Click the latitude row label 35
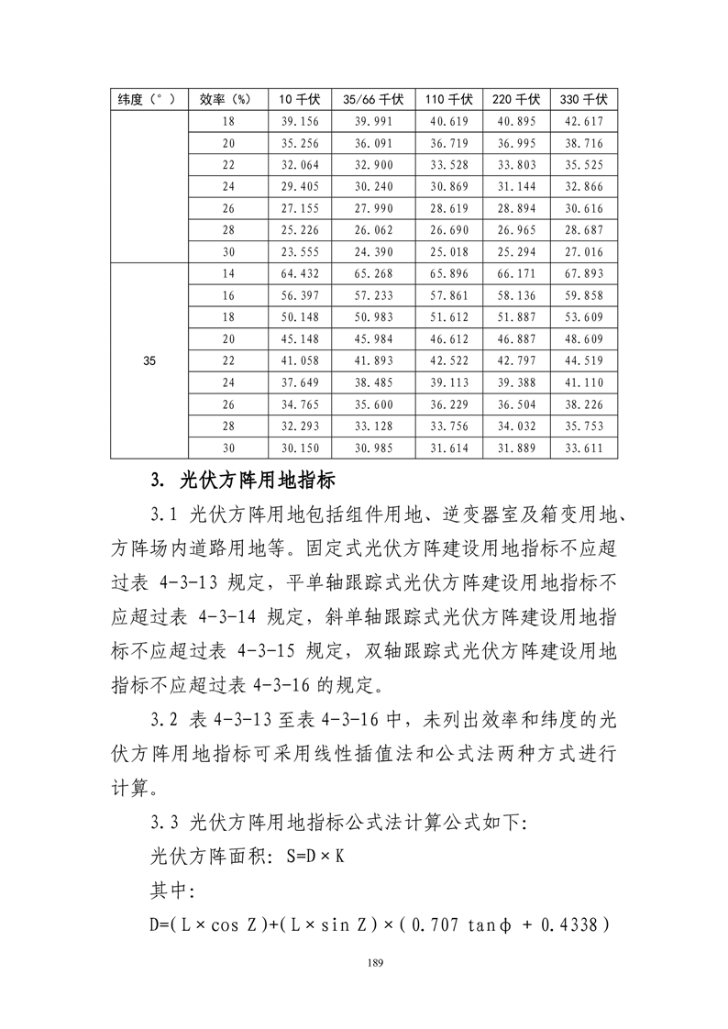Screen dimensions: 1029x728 [x=149, y=360]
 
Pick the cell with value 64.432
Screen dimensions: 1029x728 [x=304, y=273]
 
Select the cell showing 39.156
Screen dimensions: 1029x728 [x=304, y=122]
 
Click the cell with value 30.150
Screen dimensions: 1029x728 [x=304, y=447]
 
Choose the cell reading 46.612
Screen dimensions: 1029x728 [x=449, y=338]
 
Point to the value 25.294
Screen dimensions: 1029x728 [x=516, y=251]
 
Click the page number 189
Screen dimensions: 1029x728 [x=373, y=962]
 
